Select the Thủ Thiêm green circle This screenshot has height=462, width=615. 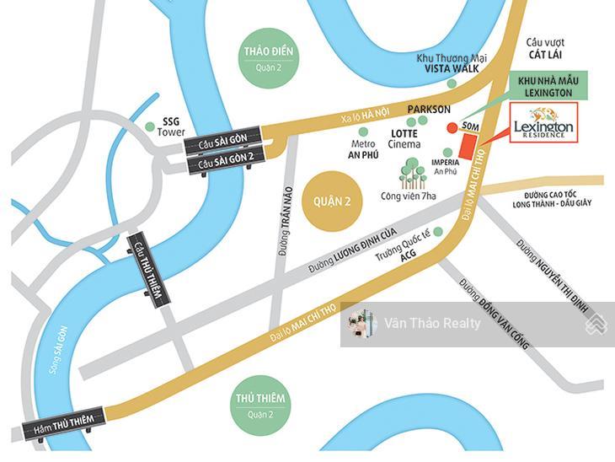(x=260, y=404)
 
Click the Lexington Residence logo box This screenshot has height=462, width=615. (x=543, y=124)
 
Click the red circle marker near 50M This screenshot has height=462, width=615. (x=452, y=128)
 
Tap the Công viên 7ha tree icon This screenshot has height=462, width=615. (x=413, y=174)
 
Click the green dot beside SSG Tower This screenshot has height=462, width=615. (x=150, y=126)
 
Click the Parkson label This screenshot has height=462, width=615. (x=429, y=110)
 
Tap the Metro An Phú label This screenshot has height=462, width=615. (x=363, y=148)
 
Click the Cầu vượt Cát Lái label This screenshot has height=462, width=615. (x=545, y=48)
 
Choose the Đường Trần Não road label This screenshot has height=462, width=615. (x=287, y=221)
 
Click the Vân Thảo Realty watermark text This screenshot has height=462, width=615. (x=432, y=323)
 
